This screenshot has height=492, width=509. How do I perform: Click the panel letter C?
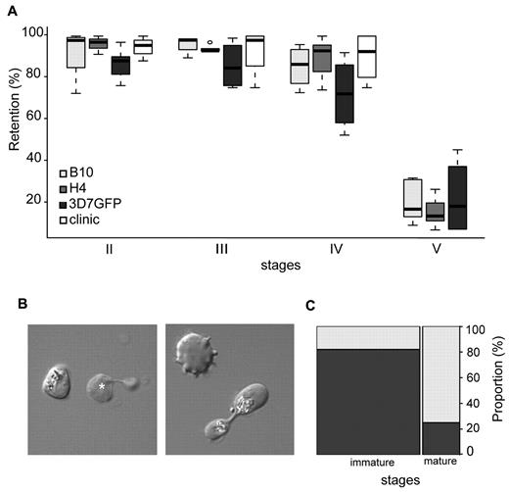pyautogui.click(x=311, y=305)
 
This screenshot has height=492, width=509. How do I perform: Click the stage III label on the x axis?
pyautogui.click(x=223, y=249)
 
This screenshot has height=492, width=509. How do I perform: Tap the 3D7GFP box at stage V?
pyautogui.click(x=456, y=197)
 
